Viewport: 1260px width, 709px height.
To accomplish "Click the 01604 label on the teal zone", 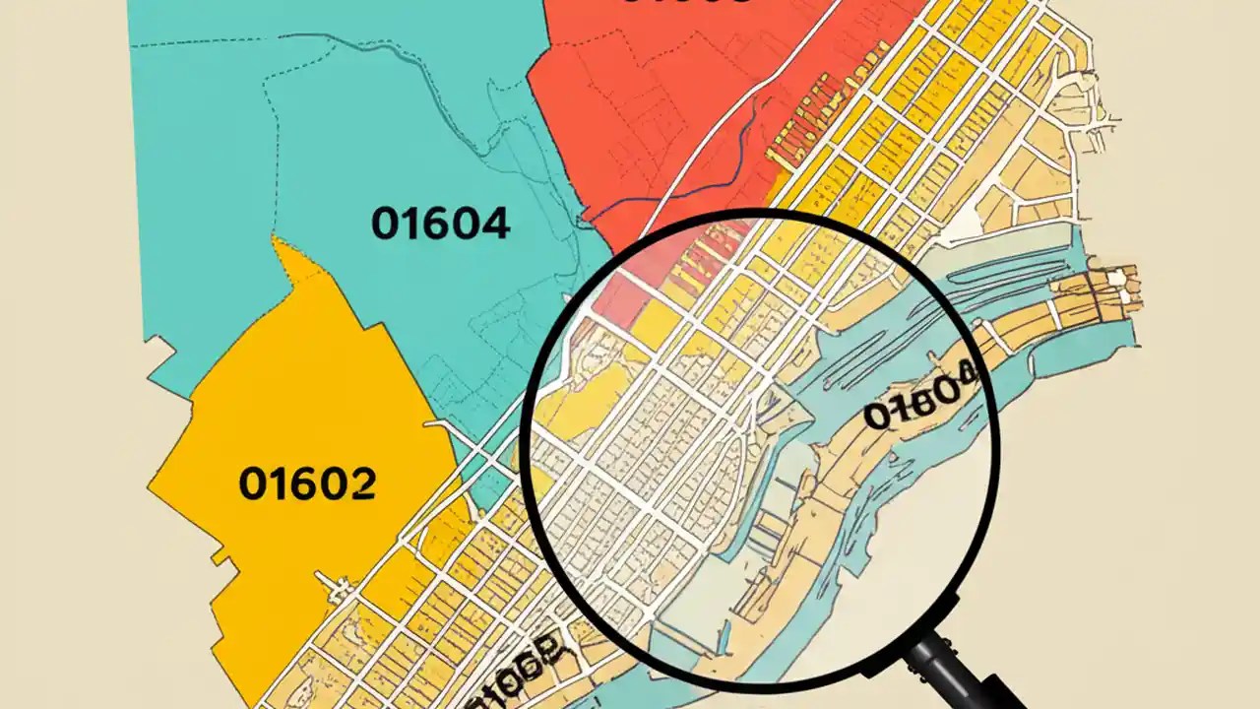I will [440, 224].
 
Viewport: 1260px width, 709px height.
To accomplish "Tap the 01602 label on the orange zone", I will [307, 483].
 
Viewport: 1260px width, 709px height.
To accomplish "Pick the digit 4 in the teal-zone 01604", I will [492, 224].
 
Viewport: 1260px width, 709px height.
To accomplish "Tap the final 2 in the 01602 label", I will [360, 483].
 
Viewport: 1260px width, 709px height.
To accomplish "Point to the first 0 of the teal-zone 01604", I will [385, 224].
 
